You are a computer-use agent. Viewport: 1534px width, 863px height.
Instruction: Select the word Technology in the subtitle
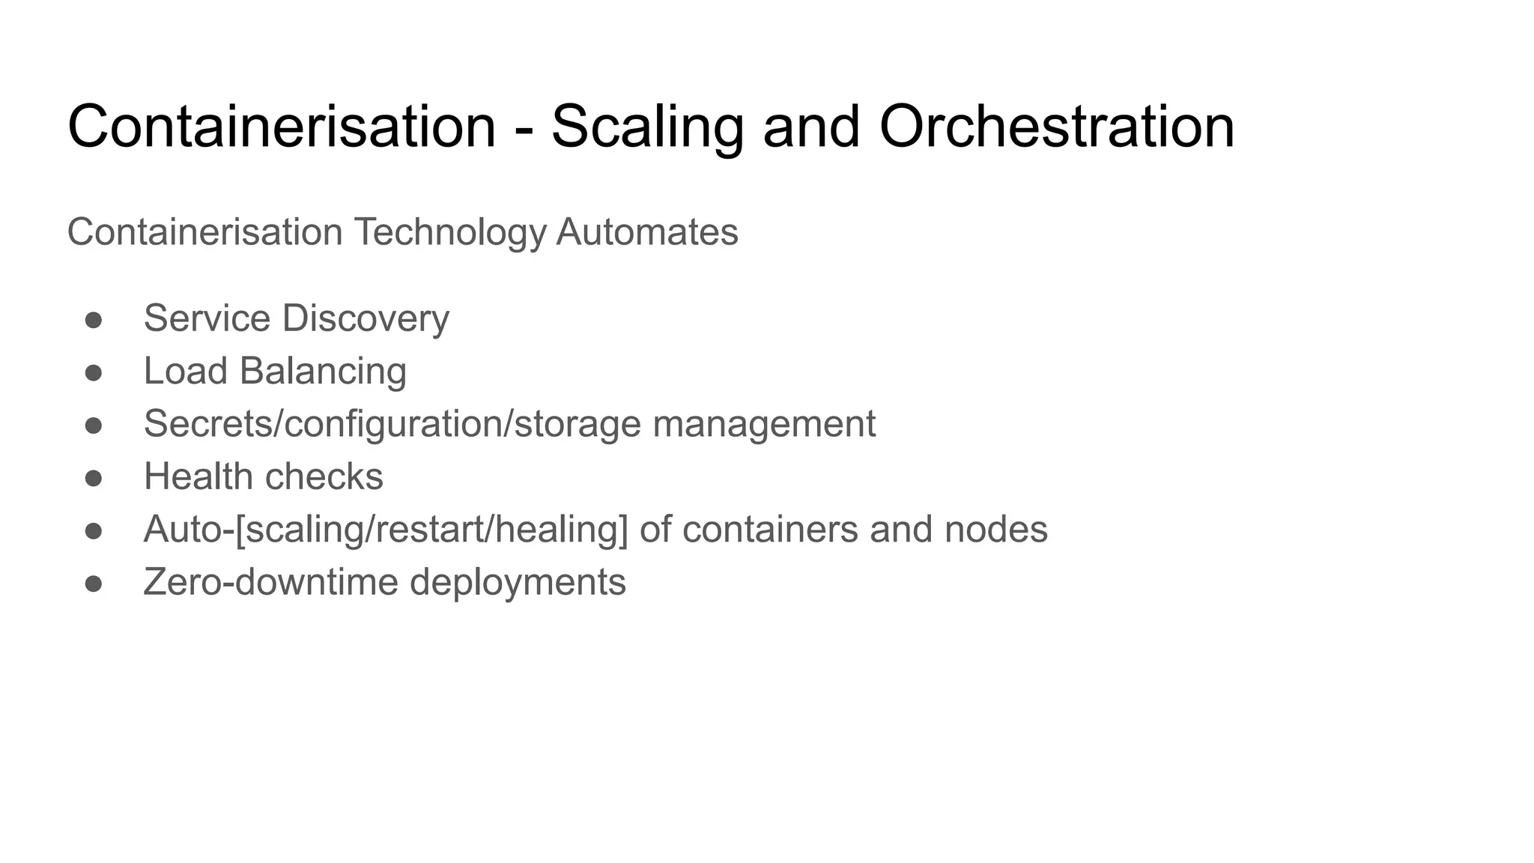pyautogui.click(x=450, y=232)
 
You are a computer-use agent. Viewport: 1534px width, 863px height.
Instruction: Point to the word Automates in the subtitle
pyautogui.click(x=646, y=231)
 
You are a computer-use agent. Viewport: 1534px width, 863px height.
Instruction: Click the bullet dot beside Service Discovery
pyautogui.click(x=94, y=320)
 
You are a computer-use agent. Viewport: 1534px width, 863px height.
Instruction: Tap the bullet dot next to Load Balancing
pyautogui.click(x=94, y=372)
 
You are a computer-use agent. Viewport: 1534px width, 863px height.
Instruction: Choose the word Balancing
pyautogui.click(x=323, y=372)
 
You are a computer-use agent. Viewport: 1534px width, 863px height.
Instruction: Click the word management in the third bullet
pyautogui.click(x=764, y=424)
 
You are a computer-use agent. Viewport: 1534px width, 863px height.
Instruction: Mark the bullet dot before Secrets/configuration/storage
pyautogui.click(x=94, y=426)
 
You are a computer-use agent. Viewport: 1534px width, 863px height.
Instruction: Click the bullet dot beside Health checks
pyautogui.click(x=94, y=478)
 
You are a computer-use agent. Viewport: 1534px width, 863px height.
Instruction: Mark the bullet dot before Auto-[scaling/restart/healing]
pyautogui.click(x=94, y=531)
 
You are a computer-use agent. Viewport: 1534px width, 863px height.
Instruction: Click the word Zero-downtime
pyautogui.click(x=271, y=582)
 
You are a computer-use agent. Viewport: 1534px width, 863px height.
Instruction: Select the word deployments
pyautogui.click(x=518, y=583)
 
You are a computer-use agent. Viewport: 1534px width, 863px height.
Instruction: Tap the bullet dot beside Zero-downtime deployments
pyautogui.click(x=94, y=584)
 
